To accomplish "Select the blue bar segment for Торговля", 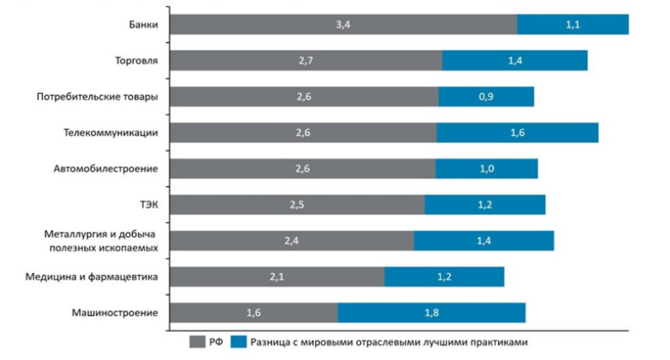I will point(514,61).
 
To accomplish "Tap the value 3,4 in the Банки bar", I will point(344,25).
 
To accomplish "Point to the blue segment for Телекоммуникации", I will point(516,132).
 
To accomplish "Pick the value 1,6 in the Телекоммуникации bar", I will point(518,132).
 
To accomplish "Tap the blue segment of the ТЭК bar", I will point(485,204).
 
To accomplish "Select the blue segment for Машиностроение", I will point(431,312).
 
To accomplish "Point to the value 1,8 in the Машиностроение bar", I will point(431,312).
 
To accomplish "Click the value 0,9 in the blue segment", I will point(487,97).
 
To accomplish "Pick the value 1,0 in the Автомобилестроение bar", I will point(487,168).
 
